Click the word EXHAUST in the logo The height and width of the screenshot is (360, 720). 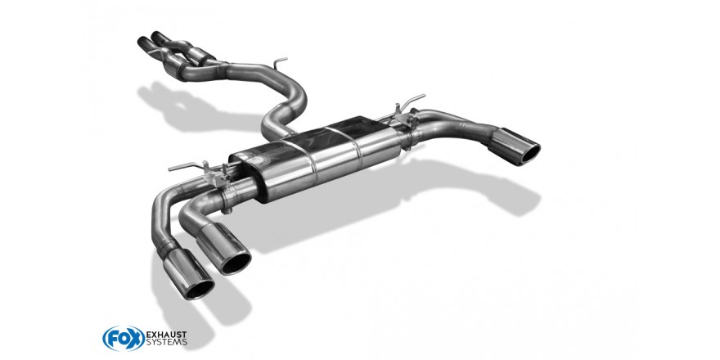[x=166, y=334]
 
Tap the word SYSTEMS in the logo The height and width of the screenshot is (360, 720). [x=166, y=342]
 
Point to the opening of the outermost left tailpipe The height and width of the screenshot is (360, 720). [x=198, y=289]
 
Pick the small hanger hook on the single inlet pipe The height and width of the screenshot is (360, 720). [x=279, y=61]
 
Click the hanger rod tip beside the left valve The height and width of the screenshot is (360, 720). [x=170, y=169]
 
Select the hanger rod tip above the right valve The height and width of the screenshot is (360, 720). [x=423, y=96]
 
